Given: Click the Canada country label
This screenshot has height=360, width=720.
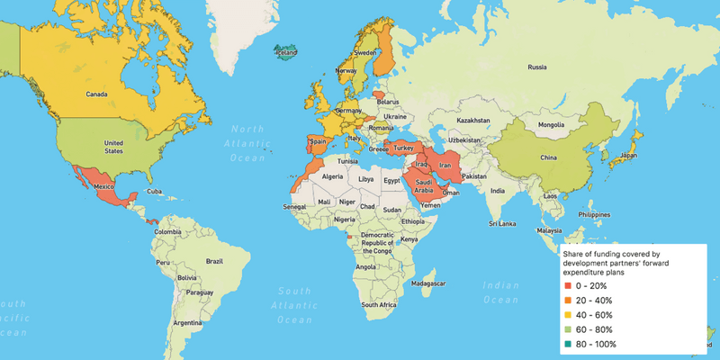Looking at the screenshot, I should click(96, 94).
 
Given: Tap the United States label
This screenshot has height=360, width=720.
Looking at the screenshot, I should click(114, 148).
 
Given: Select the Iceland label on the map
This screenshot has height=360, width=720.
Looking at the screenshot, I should click(285, 52).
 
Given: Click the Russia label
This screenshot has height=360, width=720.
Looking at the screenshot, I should click(537, 67).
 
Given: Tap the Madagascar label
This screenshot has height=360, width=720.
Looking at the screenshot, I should click(428, 283).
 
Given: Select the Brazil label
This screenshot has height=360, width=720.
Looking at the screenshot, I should click(214, 260).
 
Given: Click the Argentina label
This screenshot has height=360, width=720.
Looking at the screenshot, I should click(187, 322).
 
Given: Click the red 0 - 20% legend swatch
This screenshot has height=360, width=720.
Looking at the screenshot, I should click(568, 285).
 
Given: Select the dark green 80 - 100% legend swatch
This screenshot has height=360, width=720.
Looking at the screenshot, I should click(568, 344).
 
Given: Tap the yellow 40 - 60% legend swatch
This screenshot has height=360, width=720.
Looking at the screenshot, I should click(568, 315).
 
